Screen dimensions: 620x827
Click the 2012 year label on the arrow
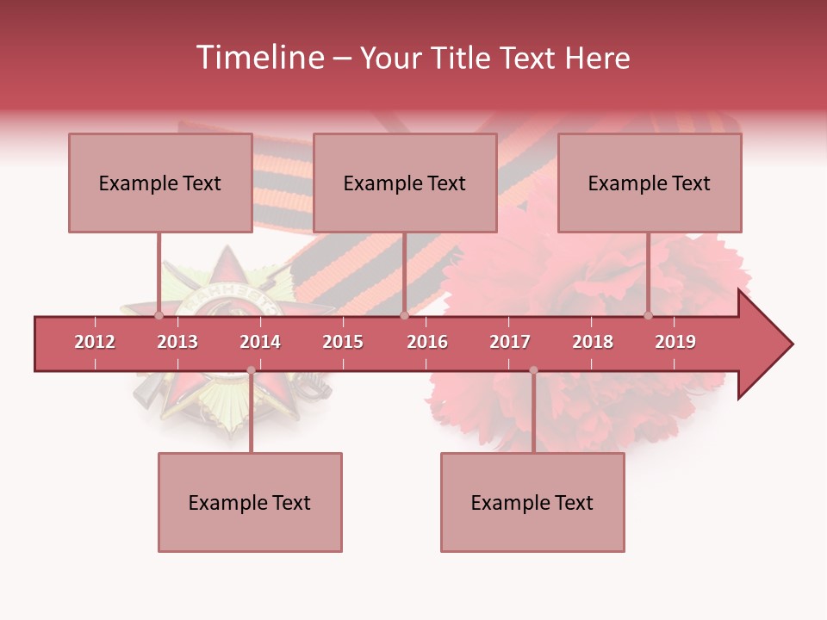tap(95, 342)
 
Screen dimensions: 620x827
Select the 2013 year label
tap(177, 342)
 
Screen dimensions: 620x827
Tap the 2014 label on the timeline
tap(260, 342)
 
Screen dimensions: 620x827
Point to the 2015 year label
tap(343, 342)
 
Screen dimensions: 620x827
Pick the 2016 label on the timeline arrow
tap(427, 342)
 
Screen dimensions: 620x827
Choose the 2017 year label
tap(510, 342)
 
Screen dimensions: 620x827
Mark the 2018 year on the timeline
tap(593, 342)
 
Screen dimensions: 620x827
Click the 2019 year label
tap(675, 342)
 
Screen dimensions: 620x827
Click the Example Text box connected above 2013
tap(160, 183)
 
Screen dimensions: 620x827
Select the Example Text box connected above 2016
tap(405, 183)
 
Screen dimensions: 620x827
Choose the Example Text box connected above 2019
tap(650, 183)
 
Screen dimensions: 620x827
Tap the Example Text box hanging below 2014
tap(250, 502)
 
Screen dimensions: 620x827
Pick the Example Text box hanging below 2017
tap(532, 502)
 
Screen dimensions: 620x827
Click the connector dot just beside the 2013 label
tap(159, 316)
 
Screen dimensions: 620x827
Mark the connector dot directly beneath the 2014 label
tap(251, 370)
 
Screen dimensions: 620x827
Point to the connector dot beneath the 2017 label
tap(533, 370)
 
